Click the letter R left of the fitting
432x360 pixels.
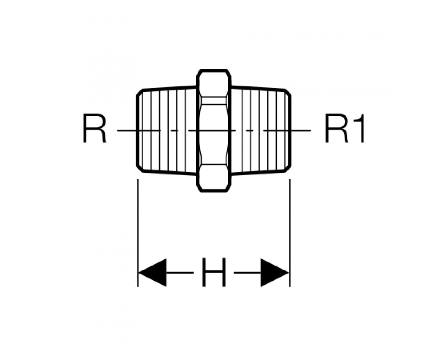95,128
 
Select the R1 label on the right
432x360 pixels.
345,128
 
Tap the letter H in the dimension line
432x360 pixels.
214,272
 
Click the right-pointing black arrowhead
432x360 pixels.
275,273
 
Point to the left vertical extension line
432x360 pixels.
138,233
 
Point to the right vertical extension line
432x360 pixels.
290,233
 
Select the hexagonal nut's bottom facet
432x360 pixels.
214,177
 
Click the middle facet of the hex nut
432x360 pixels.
214,131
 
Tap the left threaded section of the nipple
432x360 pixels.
167,131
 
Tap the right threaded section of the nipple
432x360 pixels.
261,131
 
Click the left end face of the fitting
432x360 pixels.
138,131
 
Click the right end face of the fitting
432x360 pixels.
290,131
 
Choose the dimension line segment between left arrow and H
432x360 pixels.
180,273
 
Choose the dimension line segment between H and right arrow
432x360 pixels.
247,273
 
